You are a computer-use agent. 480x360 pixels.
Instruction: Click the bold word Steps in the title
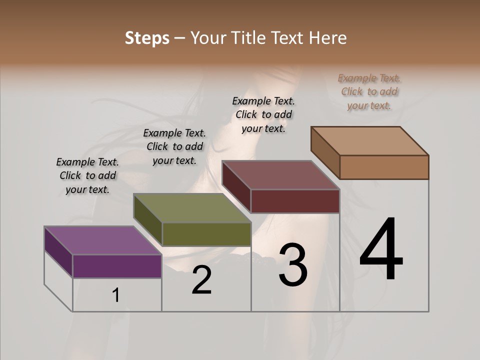click(x=147, y=38)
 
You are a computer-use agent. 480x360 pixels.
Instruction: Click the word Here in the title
click(x=329, y=38)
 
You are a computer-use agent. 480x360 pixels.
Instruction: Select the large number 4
click(x=381, y=249)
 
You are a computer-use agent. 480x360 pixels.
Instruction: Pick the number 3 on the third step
click(x=293, y=265)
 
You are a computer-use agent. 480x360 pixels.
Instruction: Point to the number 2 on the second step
click(x=201, y=280)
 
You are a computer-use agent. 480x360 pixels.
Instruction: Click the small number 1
click(x=116, y=295)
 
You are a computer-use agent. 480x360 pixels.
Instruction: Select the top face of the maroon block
click(x=280, y=175)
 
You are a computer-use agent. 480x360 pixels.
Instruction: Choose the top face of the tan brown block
click(x=369, y=141)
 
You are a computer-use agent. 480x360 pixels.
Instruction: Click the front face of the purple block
click(x=117, y=266)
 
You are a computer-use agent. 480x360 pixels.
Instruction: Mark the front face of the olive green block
click(x=206, y=234)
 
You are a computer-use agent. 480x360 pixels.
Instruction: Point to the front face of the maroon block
click(x=295, y=201)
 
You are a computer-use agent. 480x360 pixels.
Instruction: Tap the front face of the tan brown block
click(x=384, y=167)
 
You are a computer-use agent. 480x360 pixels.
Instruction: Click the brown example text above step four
click(x=369, y=92)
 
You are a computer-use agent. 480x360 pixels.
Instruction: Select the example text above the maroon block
click(x=263, y=114)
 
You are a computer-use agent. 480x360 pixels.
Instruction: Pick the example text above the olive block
click(x=174, y=147)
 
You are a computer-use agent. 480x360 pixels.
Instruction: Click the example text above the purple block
click(x=87, y=176)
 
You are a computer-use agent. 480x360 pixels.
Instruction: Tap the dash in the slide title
click(x=180, y=38)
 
